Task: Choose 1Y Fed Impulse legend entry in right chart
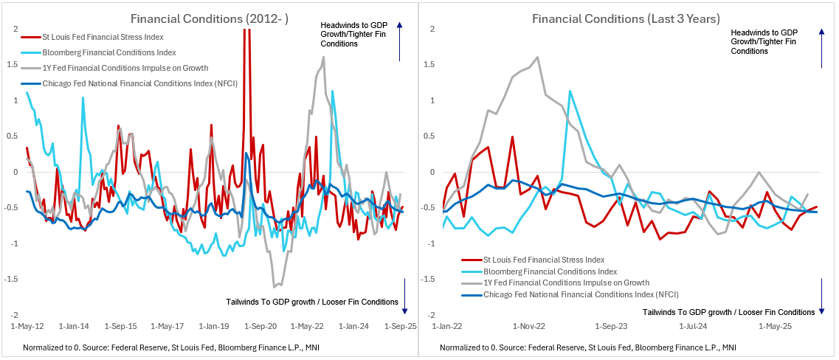point(566,283)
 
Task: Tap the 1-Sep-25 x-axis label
point(401,325)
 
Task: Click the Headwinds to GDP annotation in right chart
point(764,41)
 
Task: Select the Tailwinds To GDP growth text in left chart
point(312,301)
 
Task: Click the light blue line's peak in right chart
point(570,91)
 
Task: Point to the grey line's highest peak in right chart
point(537,58)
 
